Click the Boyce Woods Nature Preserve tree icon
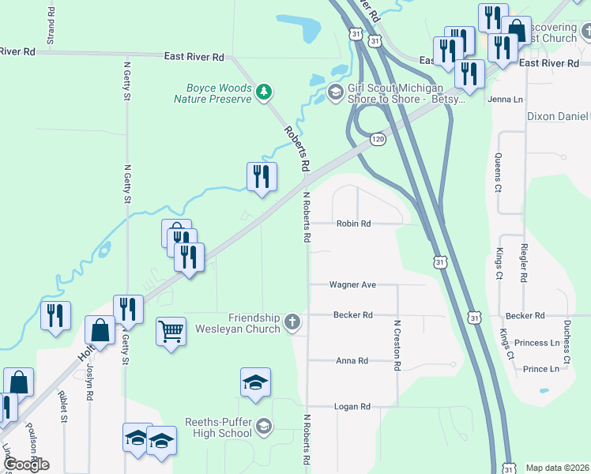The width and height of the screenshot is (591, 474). click(x=264, y=93)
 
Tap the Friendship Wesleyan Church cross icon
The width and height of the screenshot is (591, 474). click(x=292, y=322)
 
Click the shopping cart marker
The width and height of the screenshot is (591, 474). click(x=171, y=332)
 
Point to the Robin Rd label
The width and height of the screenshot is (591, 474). click(x=353, y=224)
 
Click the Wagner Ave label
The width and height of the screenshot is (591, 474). click(x=352, y=284)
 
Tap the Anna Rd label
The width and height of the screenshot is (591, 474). click(x=352, y=361)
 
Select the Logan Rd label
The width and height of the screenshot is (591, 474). click(x=352, y=407)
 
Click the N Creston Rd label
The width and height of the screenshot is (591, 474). click(x=394, y=345)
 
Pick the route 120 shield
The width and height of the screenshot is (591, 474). click(x=378, y=139)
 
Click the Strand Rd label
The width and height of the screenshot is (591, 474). click(x=51, y=26)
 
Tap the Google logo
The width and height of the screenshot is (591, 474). click(x=26, y=465)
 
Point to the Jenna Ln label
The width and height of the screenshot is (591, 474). click(x=506, y=100)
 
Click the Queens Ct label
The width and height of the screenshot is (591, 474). click(x=498, y=173)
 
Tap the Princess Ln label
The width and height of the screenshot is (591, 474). click(x=536, y=344)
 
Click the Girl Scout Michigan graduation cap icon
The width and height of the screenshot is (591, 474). click(x=335, y=93)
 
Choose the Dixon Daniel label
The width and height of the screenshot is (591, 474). click(x=558, y=116)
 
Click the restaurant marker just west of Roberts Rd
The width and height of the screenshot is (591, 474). click(x=262, y=177)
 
